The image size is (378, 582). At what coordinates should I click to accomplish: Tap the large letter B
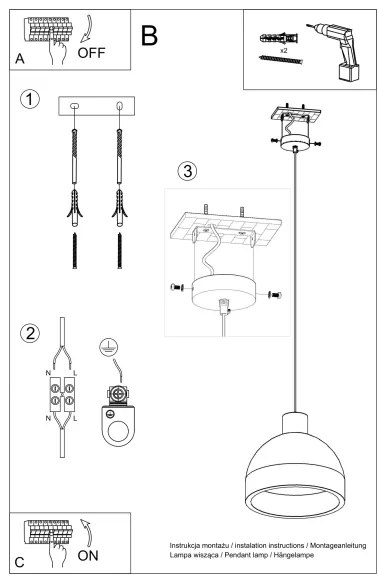150,37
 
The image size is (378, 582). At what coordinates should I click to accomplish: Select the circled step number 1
33,100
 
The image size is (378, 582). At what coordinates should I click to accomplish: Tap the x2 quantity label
284,49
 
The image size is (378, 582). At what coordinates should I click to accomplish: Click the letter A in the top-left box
20,59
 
